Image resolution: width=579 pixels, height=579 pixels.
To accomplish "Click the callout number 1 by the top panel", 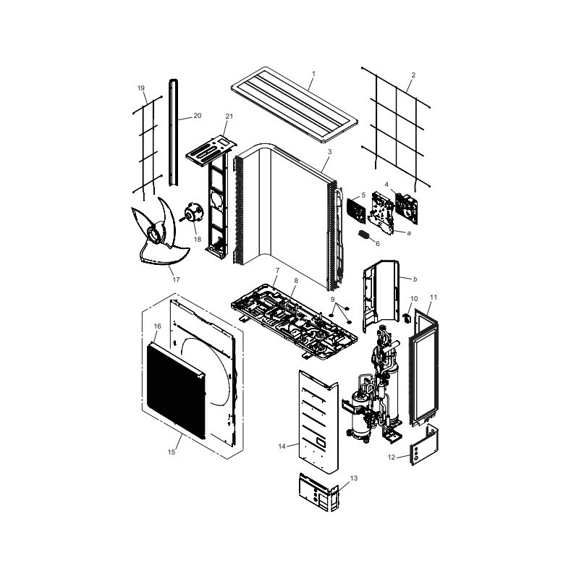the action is (313, 74).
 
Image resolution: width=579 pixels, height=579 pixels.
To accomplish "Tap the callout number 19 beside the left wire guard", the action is (140, 88).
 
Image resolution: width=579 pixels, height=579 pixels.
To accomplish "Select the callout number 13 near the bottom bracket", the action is (354, 478).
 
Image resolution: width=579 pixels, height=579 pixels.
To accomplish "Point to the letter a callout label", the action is (409, 233).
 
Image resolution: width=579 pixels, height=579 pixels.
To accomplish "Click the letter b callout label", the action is (415, 279).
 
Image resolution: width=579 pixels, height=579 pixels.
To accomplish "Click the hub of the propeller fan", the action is (155, 234).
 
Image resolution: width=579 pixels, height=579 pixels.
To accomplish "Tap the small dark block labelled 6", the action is (364, 234).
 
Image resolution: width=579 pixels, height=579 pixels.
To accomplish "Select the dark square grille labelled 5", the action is (356, 210).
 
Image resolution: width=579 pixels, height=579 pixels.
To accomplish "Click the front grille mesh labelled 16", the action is (176, 391).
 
